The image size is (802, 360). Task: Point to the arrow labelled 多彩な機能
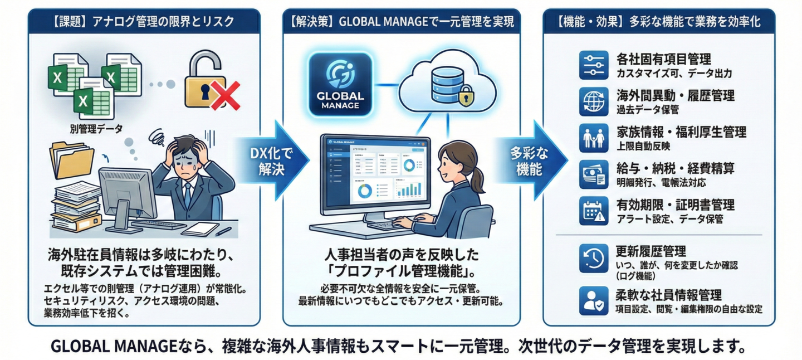(529, 162)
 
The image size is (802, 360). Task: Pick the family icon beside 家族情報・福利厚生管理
(594, 138)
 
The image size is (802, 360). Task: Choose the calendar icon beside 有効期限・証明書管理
(594, 210)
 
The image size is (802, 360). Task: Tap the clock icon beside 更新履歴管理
(594, 258)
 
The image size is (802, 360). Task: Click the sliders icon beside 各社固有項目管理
(594, 65)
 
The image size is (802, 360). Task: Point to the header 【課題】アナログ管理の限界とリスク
(144, 22)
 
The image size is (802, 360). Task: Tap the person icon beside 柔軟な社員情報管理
(594, 300)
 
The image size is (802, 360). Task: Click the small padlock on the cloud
(466, 98)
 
